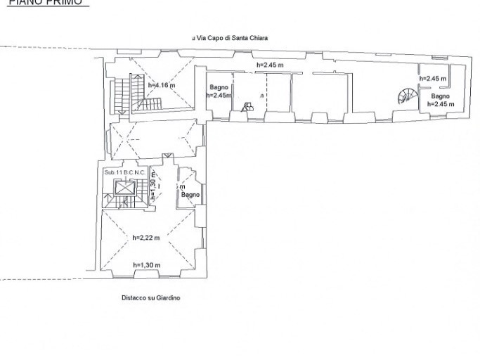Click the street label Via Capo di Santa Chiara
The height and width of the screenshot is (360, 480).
click(x=232, y=38)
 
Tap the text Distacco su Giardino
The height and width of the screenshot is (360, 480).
click(x=150, y=298)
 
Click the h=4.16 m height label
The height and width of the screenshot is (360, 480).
click(x=162, y=86)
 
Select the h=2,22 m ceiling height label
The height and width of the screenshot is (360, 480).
click(x=145, y=238)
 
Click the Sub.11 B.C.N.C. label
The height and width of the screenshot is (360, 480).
click(x=124, y=172)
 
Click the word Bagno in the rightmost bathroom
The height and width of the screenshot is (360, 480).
click(x=440, y=96)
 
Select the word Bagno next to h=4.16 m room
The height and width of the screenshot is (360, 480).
click(x=219, y=87)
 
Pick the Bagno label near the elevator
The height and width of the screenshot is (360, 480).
click(x=191, y=194)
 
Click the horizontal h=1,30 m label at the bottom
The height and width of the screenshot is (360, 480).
click(x=146, y=265)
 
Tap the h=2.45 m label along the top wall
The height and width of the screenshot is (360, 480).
click(x=269, y=65)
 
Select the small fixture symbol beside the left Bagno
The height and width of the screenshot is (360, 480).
click(x=247, y=107)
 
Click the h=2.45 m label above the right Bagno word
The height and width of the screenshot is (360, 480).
click(x=434, y=78)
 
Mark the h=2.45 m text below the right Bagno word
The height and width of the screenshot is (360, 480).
click(x=440, y=104)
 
